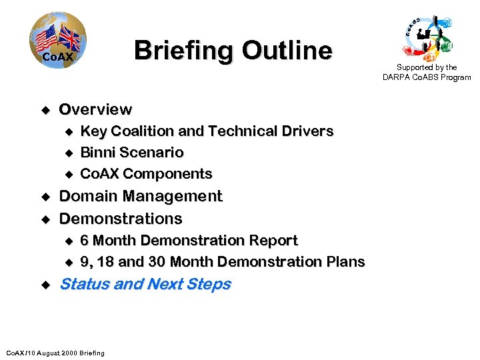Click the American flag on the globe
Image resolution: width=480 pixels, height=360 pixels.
click(47, 39)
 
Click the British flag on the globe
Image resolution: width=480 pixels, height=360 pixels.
click(69, 38)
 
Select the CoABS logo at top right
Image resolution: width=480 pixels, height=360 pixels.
click(427, 37)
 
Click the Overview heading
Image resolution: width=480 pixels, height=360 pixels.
click(95, 109)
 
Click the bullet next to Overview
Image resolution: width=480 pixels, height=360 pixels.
click(45, 109)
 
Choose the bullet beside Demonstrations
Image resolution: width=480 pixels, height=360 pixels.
click(45, 219)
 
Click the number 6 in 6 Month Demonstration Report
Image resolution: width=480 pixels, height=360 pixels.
click(85, 240)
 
